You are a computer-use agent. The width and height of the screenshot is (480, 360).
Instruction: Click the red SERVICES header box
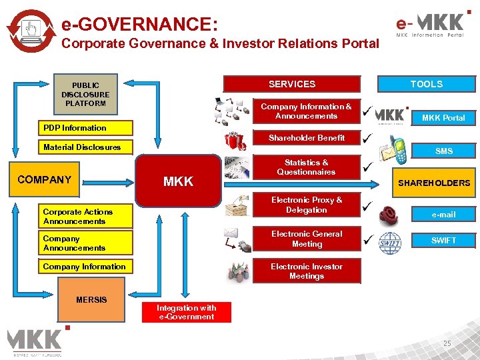point(291,84)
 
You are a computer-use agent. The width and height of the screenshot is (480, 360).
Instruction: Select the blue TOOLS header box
point(426,84)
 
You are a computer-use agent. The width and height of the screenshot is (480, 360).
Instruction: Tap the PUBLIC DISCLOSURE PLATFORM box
point(85,94)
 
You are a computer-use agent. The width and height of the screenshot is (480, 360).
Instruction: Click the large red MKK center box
point(178,181)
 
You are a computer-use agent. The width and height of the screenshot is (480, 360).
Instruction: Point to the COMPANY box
point(45,180)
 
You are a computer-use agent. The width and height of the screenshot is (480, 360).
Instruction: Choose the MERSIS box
point(91,300)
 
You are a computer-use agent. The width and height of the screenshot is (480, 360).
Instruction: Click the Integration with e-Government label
point(187,312)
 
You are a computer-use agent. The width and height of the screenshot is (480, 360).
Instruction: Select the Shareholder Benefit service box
point(307,138)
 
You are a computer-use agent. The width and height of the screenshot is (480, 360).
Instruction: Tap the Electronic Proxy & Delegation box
point(307,205)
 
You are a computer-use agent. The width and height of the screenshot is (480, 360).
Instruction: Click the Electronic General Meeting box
point(307,239)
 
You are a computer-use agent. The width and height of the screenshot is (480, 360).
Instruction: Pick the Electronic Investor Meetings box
point(307,271)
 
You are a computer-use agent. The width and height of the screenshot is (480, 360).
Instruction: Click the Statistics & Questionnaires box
point(307,167)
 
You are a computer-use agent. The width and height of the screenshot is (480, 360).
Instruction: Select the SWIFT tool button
point(443,240)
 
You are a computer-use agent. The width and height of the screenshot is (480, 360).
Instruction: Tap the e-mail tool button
point(443,215)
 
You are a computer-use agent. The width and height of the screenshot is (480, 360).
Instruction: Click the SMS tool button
point(443,151)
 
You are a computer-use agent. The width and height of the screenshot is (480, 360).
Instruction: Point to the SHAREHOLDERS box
point(434,183)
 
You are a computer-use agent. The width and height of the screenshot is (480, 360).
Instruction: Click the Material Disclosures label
point(82,147)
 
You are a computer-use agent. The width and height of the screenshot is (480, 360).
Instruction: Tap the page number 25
point(447,343)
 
